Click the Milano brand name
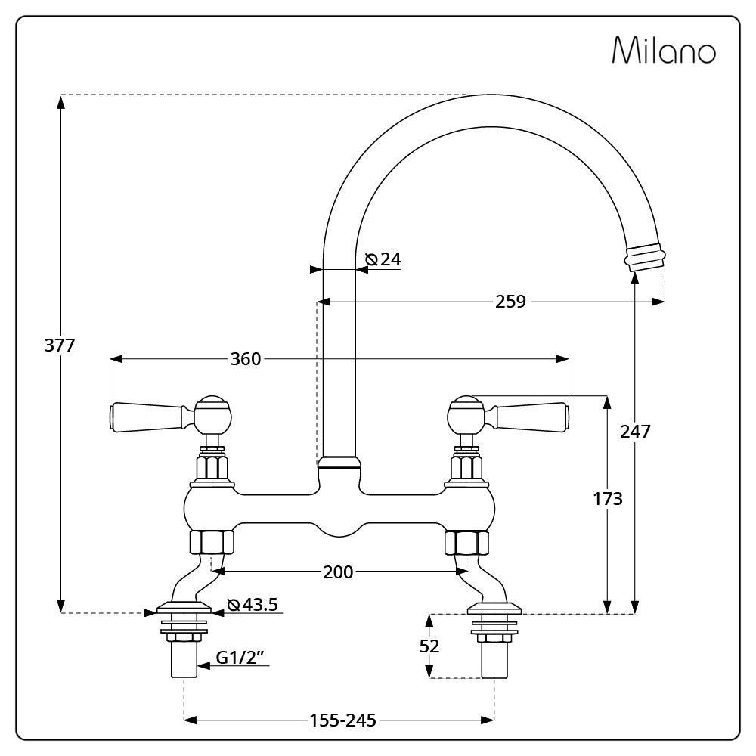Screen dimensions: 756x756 coord(664,50)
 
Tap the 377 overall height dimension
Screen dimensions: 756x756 coord(60,345)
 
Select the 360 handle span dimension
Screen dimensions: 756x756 coord(246,358)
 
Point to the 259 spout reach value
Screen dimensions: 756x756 coord(510,302)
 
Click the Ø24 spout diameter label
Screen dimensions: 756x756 coord(383,259)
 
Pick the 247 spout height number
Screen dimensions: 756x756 coord(636,431)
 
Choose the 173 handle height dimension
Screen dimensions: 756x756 coord(608,498)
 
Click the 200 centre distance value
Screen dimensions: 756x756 coord(338,572)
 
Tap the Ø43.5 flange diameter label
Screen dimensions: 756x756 coord(253,604)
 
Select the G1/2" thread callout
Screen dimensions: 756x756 coord(242,657)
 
